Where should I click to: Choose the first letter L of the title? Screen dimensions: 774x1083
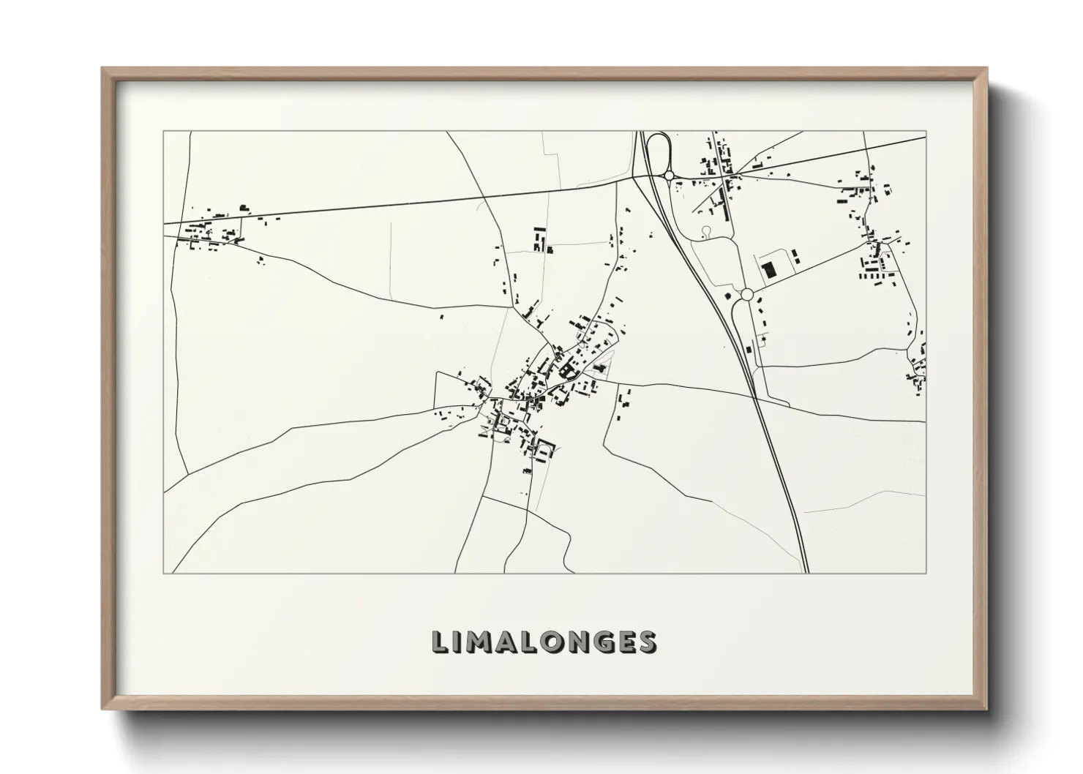point(440,642)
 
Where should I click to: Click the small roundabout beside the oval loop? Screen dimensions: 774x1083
point(669,176)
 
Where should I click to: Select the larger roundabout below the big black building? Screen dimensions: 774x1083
point(746,294)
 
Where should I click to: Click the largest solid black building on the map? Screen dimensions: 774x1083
point(768,270)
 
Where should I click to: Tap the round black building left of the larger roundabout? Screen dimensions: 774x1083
point(728,296)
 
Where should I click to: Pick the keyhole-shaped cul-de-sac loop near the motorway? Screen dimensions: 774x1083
point(705,230)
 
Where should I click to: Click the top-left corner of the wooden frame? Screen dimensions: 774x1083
point(103,69)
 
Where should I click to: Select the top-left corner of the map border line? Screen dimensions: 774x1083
point(164,132)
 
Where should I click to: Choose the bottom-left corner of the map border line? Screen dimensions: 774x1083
point(164,573)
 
